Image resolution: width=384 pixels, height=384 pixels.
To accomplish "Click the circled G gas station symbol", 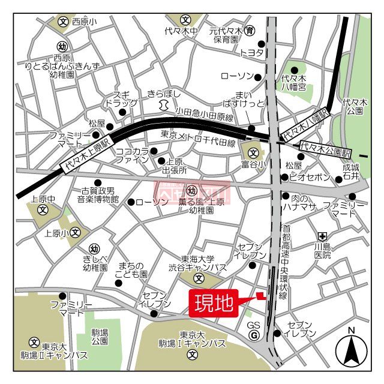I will [x=254, y=335].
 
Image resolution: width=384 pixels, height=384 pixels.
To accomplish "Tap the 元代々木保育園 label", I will [x=227, y=35].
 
